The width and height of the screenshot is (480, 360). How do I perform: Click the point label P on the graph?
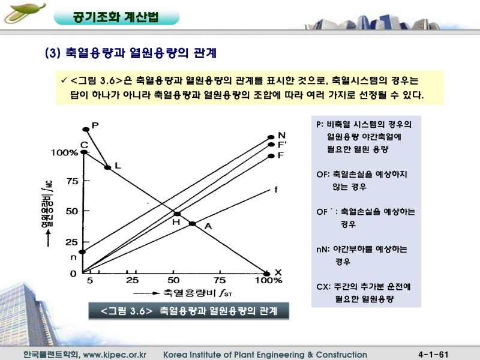point(94,125)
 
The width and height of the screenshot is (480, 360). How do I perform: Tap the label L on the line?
point(118,164)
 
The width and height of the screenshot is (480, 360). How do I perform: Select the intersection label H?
point(176,222)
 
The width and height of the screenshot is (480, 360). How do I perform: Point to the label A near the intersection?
point(208,226)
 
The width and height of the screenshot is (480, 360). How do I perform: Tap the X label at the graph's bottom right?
point(278,271)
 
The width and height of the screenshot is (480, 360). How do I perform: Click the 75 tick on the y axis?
point(72,182)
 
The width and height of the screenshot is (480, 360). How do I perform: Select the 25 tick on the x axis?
point(132,280)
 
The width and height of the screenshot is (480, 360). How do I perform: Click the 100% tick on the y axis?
point(64,153)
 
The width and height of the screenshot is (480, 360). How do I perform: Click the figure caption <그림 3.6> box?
point(188,310)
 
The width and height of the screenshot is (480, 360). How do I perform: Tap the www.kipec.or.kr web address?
point(118,355)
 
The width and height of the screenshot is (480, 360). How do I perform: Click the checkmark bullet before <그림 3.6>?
point(64,80)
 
